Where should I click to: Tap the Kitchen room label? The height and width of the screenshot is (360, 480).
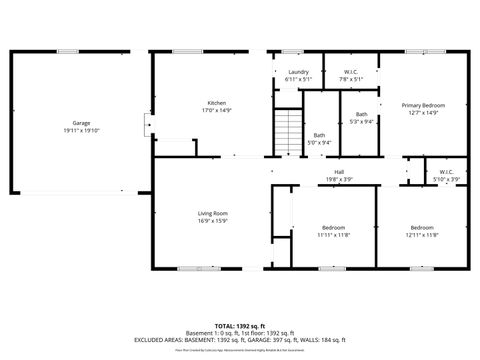click(217, 103)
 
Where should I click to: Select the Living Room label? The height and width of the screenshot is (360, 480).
click(212, 213)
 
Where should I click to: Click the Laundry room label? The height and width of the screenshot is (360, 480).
click(298, 72)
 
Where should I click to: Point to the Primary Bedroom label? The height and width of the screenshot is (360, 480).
click(423, 105)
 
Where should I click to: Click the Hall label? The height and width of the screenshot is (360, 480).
click(339, 172)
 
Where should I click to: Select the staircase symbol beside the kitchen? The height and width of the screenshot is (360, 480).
click(288, 129)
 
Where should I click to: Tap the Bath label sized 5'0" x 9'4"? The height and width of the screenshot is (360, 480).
click(319, 135)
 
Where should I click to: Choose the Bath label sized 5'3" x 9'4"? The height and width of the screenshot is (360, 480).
click(361, 114)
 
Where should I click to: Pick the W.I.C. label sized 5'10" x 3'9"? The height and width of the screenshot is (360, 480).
click(445, 172)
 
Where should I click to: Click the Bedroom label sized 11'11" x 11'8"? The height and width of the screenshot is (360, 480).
click(333, 227)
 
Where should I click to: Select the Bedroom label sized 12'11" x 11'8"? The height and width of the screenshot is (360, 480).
click(422, 227)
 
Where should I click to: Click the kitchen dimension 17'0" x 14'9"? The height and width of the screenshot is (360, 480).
click(217, 110)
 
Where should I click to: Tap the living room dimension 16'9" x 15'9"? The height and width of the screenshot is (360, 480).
click(212, 220)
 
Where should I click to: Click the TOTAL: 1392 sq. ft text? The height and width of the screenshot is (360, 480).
click(239, 327)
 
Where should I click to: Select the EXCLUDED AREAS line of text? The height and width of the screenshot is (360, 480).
click(239, 341)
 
